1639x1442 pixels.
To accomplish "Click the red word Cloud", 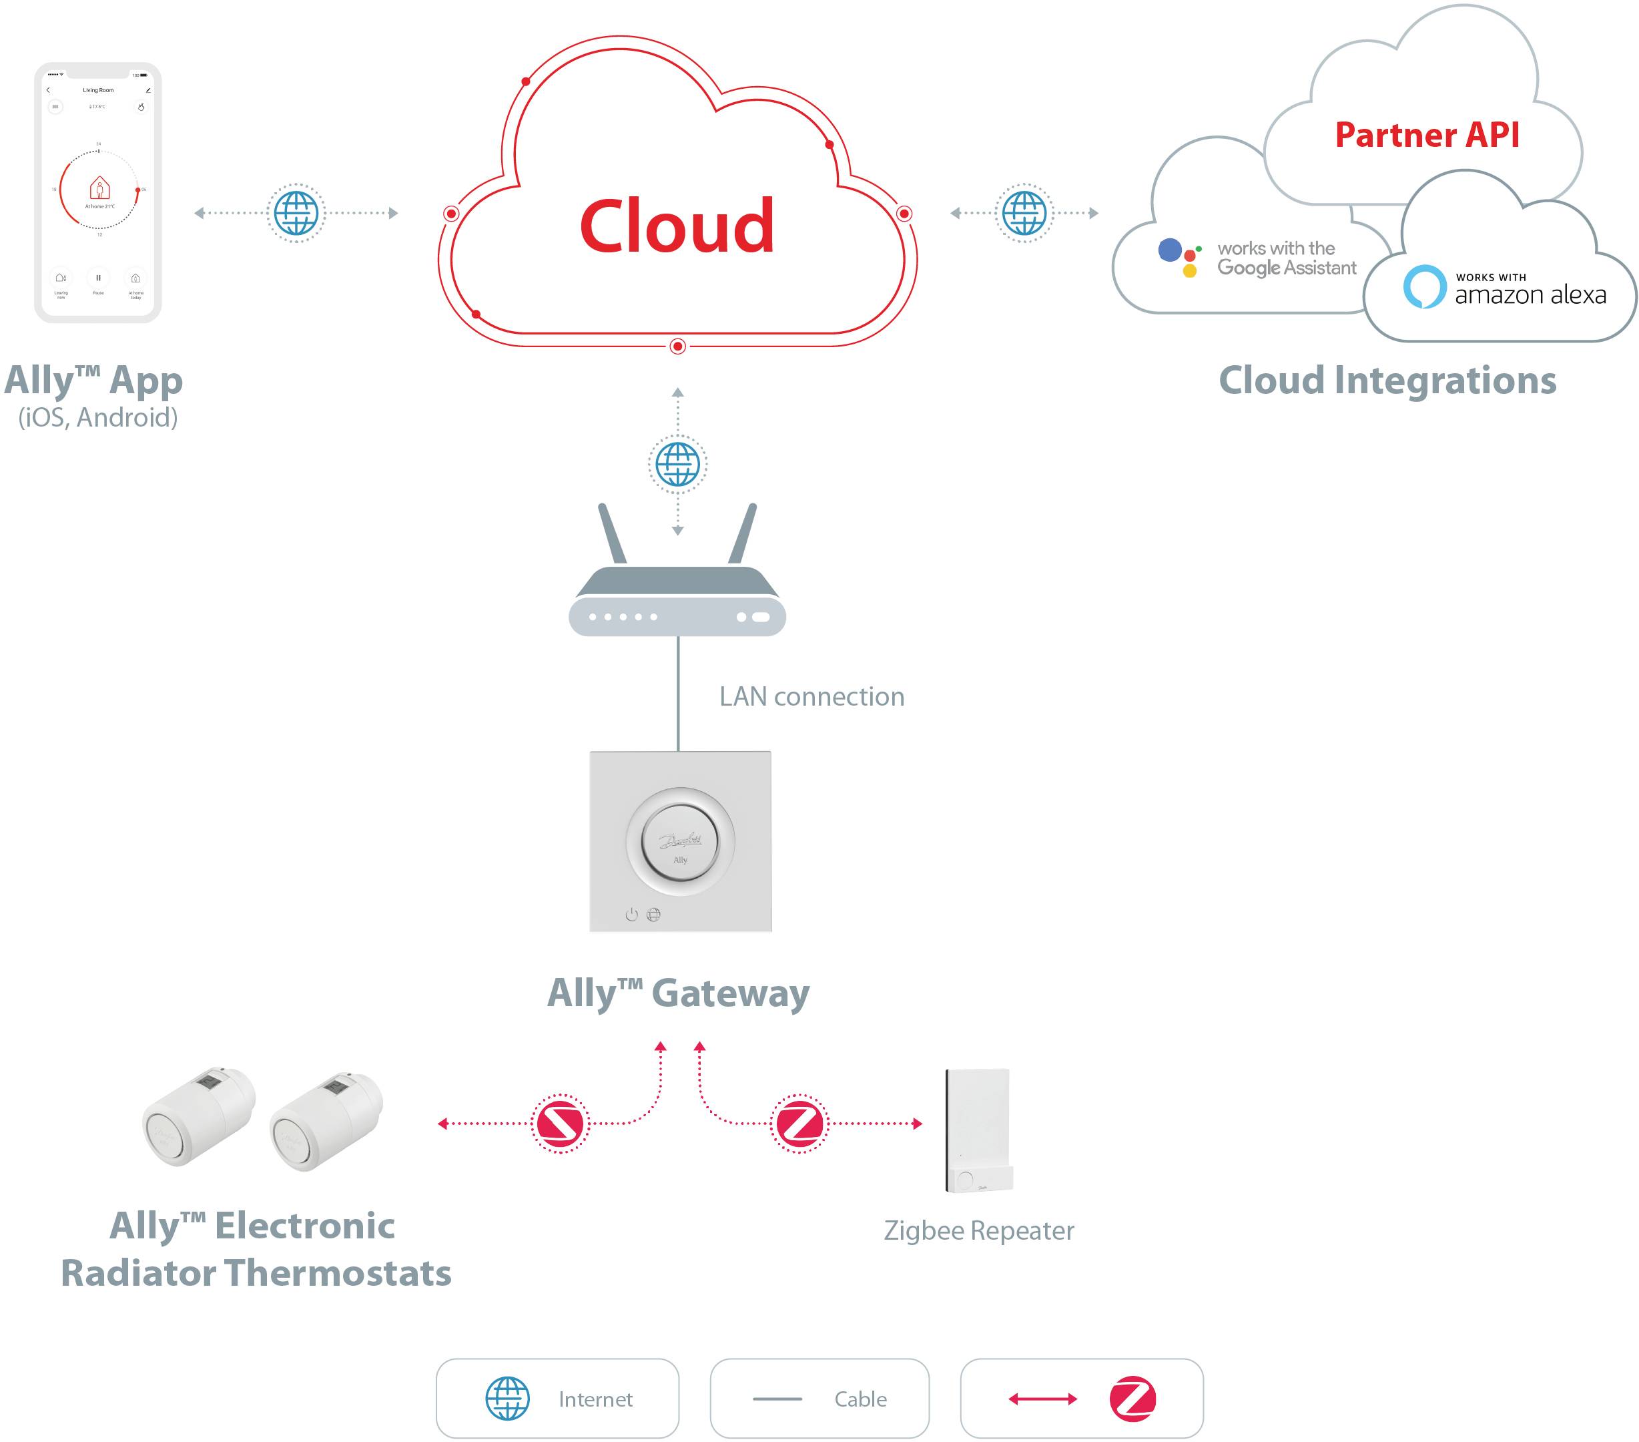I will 677,227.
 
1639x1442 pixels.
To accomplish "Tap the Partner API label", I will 1427,135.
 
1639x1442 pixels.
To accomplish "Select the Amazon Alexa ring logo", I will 1424,286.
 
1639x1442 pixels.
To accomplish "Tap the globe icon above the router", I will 677,463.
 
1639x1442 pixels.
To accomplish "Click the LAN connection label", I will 811,696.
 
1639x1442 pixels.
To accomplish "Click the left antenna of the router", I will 612,533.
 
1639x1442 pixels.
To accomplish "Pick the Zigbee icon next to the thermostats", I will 560,1123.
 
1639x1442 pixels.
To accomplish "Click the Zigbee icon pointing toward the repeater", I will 799,1123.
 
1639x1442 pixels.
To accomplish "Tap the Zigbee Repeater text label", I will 978,1230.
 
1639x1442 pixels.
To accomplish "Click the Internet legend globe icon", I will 508,1398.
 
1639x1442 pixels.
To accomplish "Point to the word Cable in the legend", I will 860,1399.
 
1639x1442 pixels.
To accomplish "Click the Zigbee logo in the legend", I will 1132,1399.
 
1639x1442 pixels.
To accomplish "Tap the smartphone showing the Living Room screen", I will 98,192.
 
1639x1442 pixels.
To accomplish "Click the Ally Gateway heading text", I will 679,993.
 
